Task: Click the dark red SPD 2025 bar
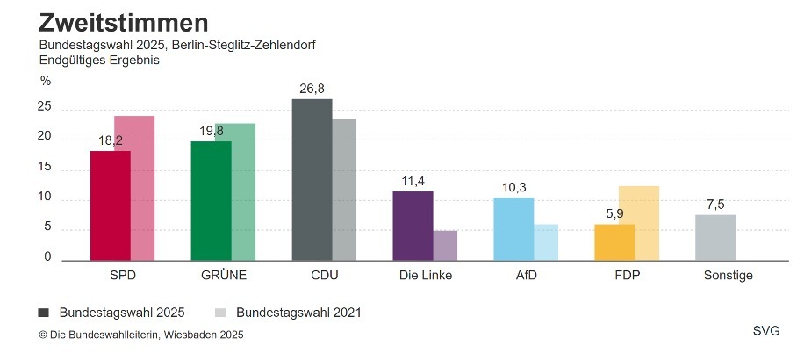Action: [110, 206]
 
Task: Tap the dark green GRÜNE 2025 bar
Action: [211, 201]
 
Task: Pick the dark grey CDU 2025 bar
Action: [312, 180]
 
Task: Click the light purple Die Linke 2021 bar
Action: [445, 246]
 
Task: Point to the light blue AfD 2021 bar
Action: [546, 242]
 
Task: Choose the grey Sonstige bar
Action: [715, 238]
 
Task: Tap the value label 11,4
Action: [413, 181]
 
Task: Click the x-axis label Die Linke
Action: [425, 275]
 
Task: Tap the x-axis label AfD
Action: [526, 275]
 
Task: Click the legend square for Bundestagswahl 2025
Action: [44, 313]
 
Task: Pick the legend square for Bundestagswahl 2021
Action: [221, 313]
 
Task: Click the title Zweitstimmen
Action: [111, 23]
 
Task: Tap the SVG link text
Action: [765, 331]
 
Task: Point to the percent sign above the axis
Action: [46, 81]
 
